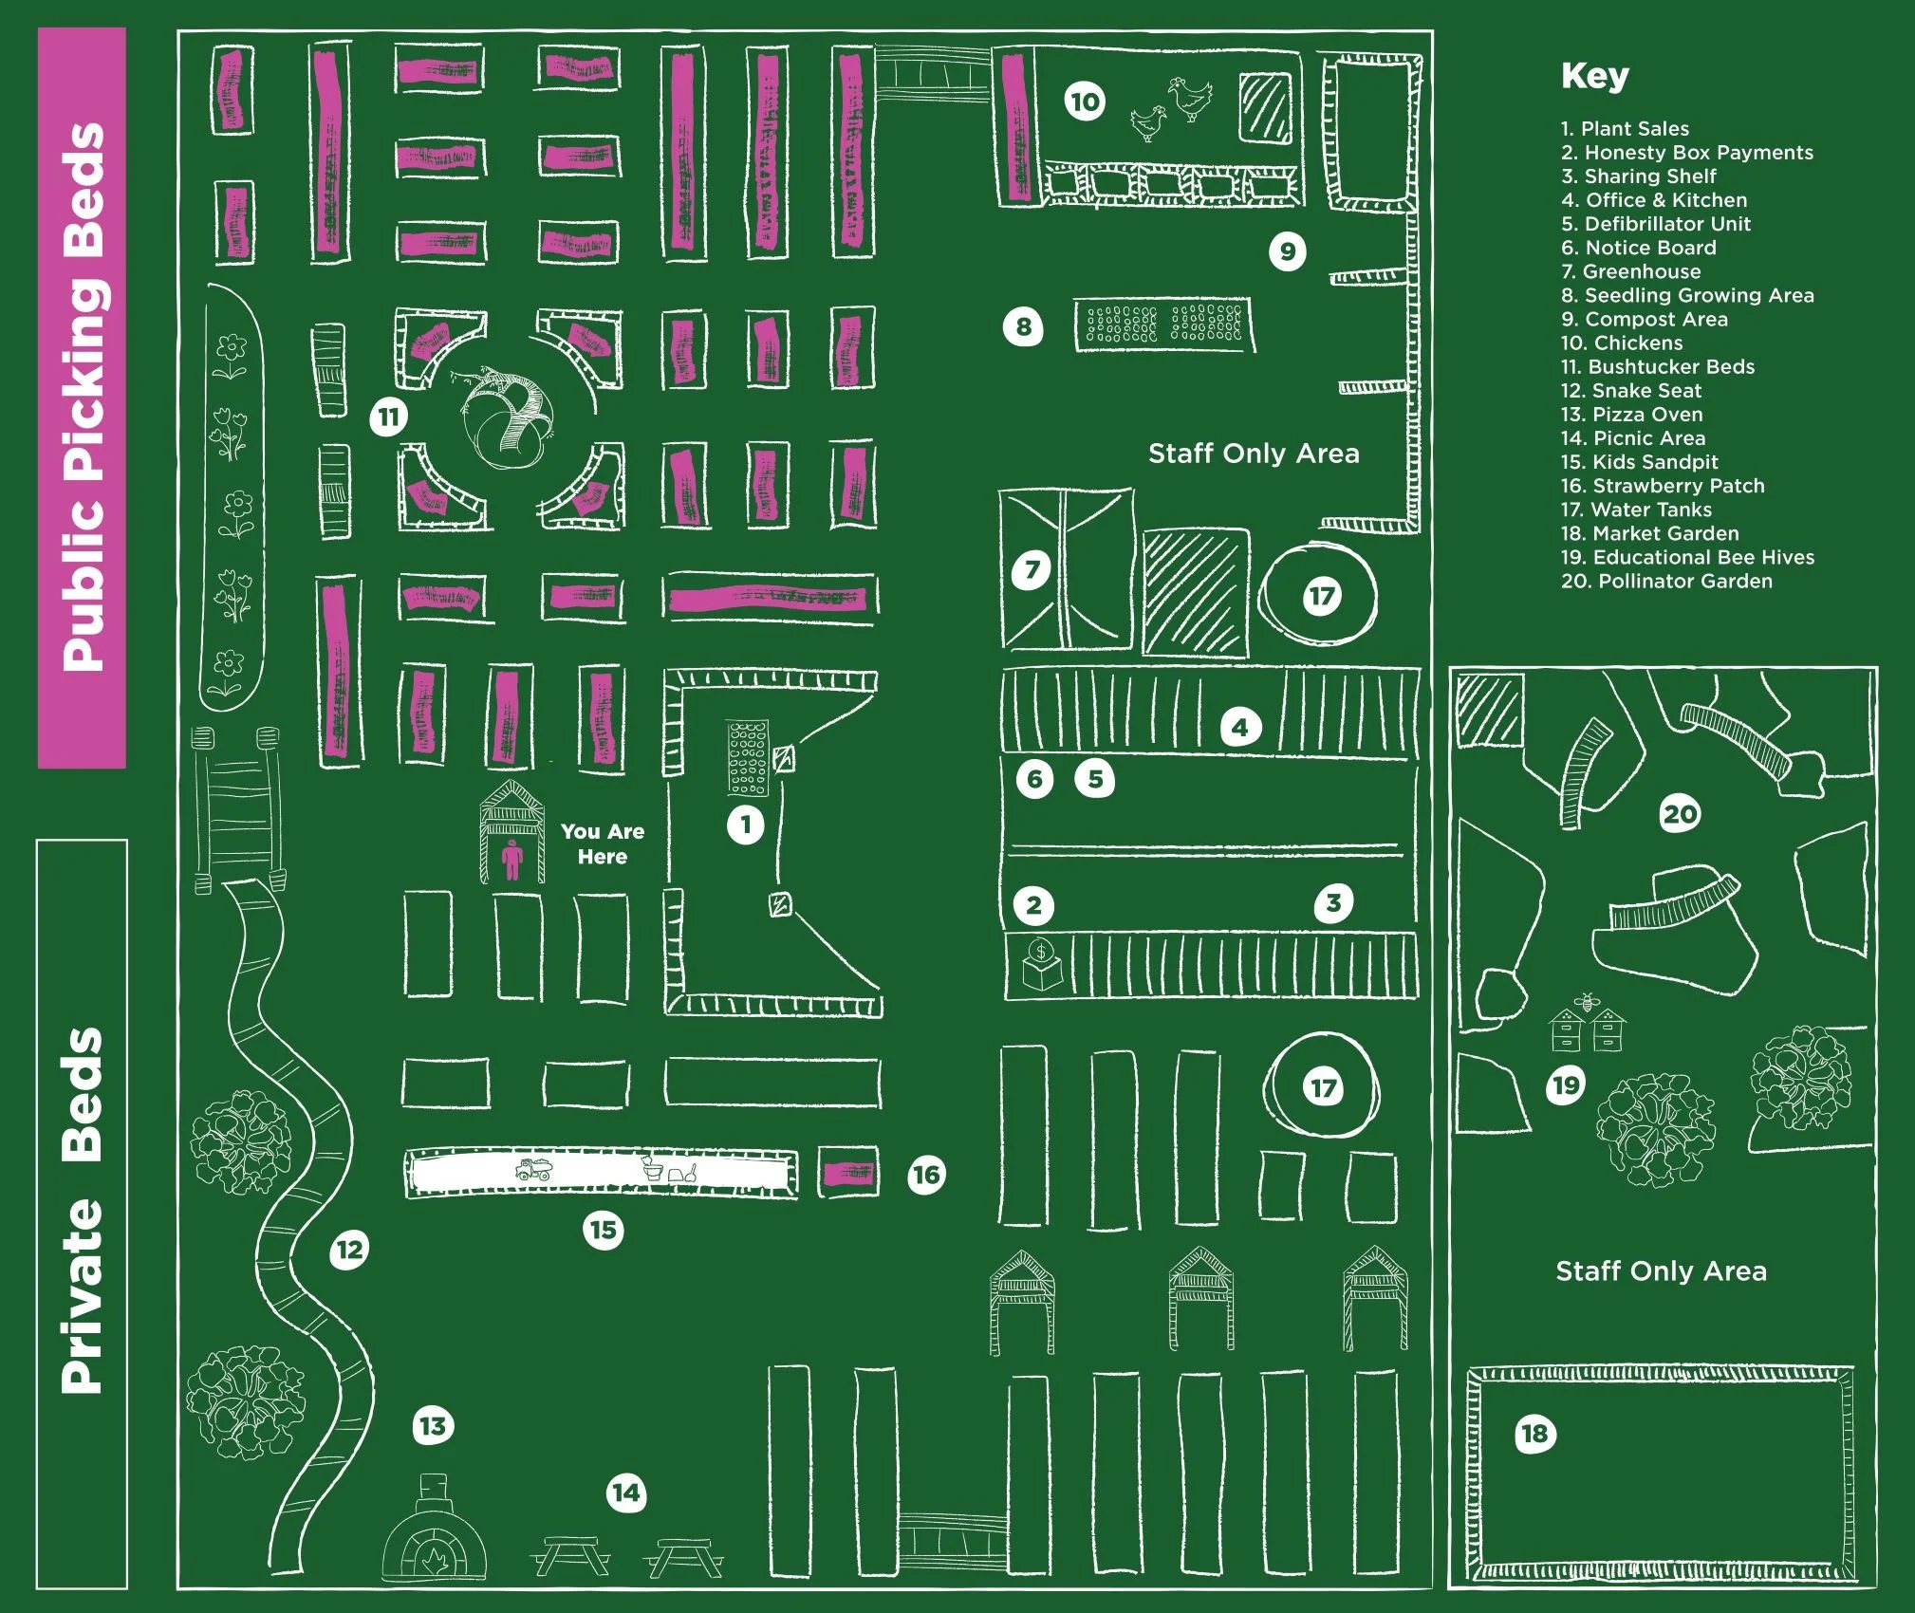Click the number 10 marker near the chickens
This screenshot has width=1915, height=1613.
1086,102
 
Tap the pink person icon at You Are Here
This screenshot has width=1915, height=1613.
511,860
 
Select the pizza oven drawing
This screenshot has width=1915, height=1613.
434,1538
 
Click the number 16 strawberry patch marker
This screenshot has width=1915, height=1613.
926,1176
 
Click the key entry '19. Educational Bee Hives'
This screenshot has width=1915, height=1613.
1687,557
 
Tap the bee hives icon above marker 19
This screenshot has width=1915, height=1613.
1588,1026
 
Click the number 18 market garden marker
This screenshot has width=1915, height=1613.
1534,1433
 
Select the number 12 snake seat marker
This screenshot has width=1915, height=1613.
349,1249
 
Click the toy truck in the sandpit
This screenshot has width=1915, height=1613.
533,1169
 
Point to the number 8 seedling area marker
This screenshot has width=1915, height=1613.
1023,327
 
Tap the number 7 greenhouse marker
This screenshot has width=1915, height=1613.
1032,570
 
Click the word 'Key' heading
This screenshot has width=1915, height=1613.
1594,76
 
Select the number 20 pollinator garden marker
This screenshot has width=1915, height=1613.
1680,814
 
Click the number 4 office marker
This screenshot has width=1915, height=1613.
1239,728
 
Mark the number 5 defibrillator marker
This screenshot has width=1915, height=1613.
1095,779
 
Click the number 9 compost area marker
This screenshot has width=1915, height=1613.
1288,251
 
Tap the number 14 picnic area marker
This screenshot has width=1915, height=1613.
626,1493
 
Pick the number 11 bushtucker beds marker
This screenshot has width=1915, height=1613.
389,417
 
